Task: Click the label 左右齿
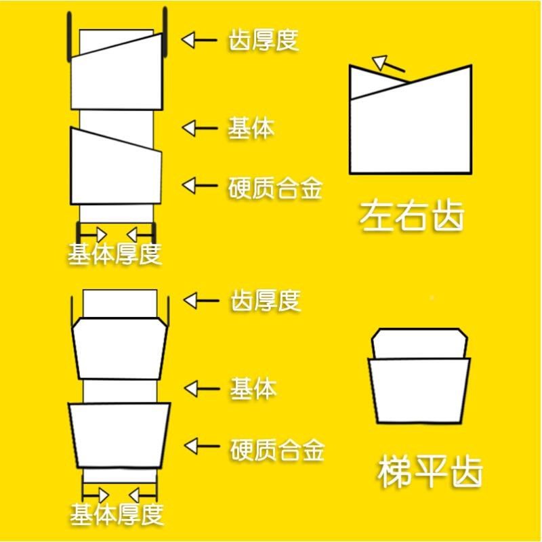coord(413,216)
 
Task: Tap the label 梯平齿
coord(430,473)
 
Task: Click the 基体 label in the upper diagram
coord(251,127)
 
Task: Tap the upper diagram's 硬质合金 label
coord(275,186)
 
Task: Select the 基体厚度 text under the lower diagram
coord(117,514)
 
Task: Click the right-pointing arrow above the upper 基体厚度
coord(98,234)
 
